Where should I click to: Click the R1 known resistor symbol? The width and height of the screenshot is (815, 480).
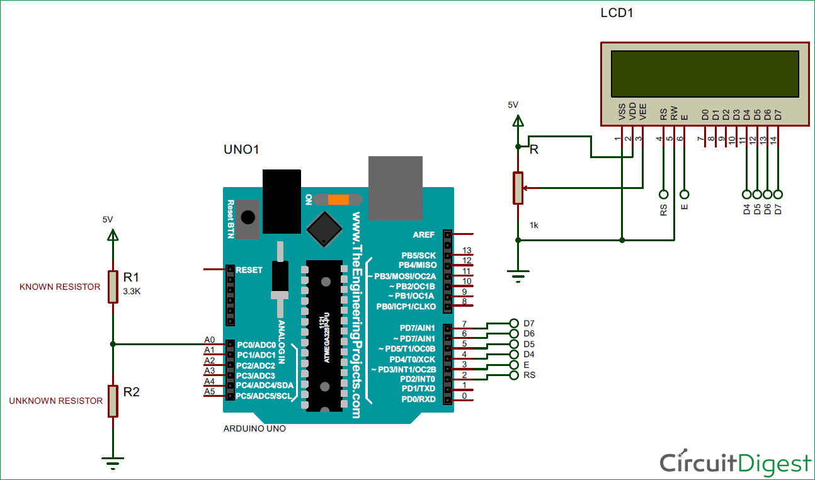pos(113,287)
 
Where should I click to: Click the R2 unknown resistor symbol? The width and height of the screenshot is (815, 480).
pos(113,401)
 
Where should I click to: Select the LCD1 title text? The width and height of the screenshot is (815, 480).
pos(617,13)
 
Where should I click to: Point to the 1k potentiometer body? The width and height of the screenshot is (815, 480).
pos(518,188)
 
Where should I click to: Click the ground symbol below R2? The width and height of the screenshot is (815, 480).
pos(113,465)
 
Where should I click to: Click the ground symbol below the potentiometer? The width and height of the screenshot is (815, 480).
pos(518,275)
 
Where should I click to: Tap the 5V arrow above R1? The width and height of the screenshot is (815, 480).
pos(113,235)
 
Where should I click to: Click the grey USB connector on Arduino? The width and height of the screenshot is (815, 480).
pos(395,188)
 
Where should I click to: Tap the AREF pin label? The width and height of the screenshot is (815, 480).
pos(423,234)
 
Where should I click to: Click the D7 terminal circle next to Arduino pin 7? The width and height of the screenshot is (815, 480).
pos(514,323)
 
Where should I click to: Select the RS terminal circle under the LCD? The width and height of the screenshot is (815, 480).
pos(663,194)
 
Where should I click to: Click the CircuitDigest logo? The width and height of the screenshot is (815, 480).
pos(735,463)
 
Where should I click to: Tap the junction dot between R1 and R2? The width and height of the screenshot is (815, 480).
pos(113,344)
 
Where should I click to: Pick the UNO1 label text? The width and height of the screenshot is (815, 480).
pos(242,149)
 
